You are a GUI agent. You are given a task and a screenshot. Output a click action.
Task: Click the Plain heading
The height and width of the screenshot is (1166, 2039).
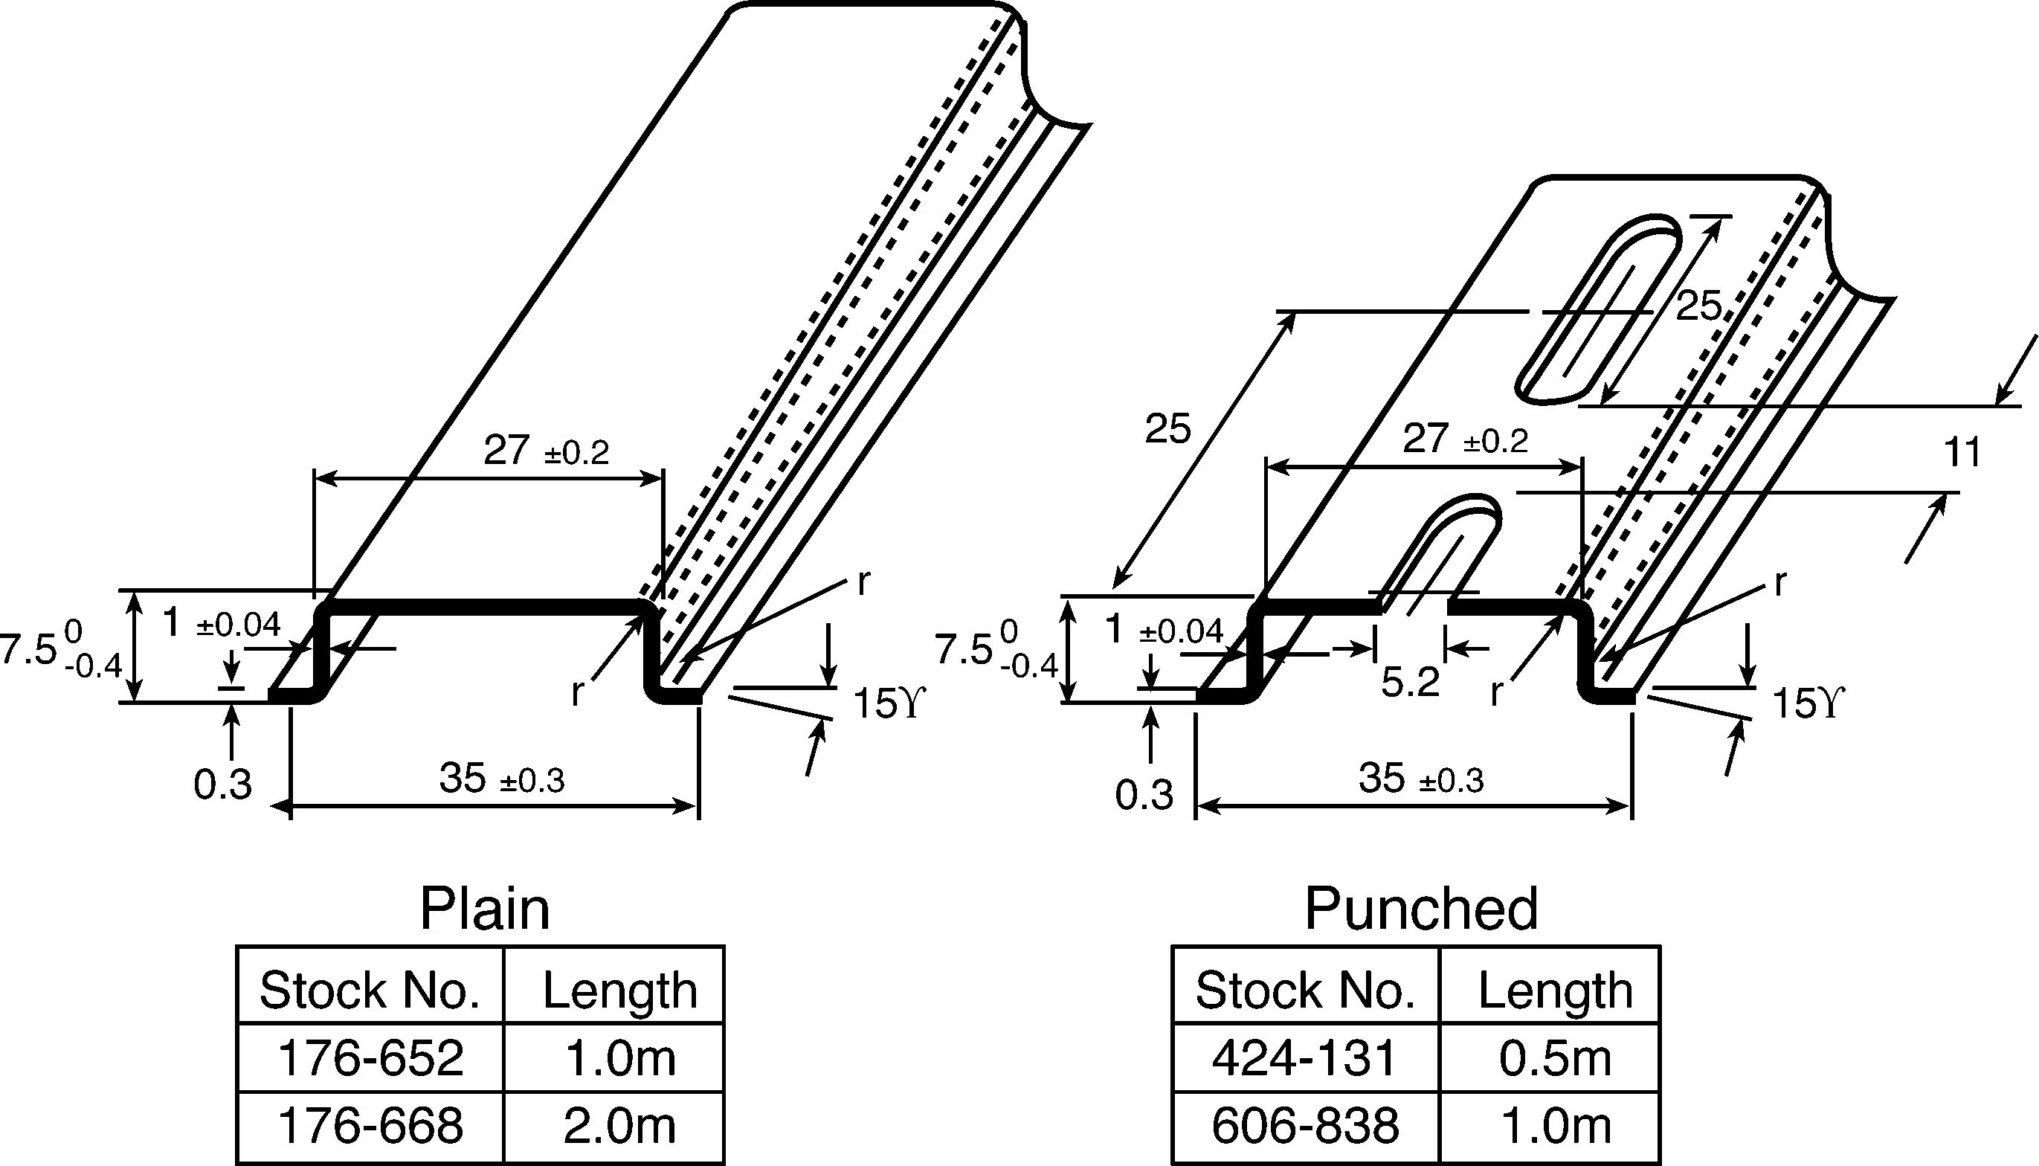(484, 909)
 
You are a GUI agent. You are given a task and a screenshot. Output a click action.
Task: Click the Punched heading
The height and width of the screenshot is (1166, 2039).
(1421, 909)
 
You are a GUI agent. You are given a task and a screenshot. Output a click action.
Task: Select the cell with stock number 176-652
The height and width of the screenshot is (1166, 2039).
(370, 1058)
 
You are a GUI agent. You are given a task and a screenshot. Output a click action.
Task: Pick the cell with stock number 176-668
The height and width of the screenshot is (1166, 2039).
(370, 1125)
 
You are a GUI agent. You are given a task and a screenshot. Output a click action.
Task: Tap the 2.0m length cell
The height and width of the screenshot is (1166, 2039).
(619, 1125)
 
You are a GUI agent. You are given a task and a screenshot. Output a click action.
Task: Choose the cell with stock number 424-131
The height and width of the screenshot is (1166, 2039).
(1305, 1058)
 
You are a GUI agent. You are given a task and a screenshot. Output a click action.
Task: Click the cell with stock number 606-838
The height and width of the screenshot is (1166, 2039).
(1305, 1125)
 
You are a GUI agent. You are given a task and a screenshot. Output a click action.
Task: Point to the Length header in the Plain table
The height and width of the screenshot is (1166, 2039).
(619, 991)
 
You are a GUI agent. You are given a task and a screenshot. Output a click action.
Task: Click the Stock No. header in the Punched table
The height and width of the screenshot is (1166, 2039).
(1305, 991)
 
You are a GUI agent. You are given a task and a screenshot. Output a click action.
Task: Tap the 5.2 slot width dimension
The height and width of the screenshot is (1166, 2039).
(1411, 681)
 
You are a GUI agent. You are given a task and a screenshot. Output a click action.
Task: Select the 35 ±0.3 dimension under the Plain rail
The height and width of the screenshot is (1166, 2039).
(502, 779)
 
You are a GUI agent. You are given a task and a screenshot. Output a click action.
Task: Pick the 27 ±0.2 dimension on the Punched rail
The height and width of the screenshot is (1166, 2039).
(1465, 439)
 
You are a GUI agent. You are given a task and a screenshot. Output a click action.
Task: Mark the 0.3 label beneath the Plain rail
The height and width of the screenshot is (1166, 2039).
(222, 785)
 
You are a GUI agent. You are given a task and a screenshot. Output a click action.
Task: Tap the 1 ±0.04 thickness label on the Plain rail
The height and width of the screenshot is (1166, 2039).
(221, 623)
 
